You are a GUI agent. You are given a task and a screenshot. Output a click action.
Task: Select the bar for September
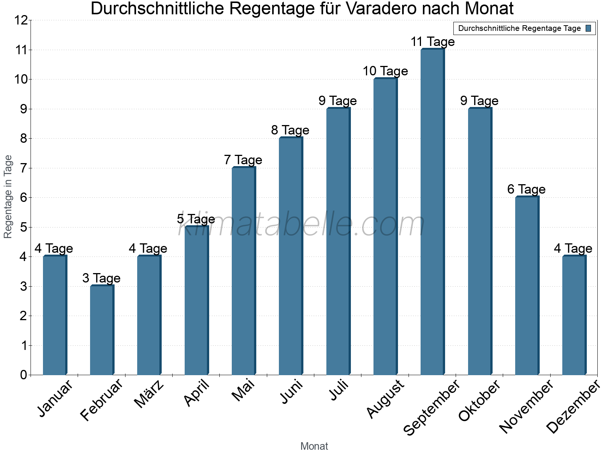(x=432, y=212)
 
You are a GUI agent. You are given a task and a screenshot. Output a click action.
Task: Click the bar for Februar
(x=102, y=330)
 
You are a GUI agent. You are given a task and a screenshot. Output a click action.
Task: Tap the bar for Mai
(x=243, y=271)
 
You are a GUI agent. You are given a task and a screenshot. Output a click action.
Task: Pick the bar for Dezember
(x=574, y=316)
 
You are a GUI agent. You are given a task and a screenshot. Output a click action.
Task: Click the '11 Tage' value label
(x=432, y=42)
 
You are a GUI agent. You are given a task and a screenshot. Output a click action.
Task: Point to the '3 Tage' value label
(x=101, y=278)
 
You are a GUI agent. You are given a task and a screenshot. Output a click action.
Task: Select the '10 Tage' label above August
(x=385, y=71)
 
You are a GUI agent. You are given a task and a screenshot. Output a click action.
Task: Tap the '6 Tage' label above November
(x=526, y=189)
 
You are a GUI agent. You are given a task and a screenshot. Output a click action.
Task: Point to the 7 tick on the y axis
(x=23, y=168)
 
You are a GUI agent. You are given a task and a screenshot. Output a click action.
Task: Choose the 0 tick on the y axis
(x=23, y=375)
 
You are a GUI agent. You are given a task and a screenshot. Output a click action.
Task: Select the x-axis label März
(x=149, y=394)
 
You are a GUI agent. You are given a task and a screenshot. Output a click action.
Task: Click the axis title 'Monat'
(x=314, y=446)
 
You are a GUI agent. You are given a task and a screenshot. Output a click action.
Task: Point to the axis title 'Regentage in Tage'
(x=8, y=197)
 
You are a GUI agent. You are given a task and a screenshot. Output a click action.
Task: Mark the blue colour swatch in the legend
(x=588, y=28)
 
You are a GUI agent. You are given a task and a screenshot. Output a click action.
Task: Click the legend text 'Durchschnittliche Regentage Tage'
(x=519, y=28)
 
